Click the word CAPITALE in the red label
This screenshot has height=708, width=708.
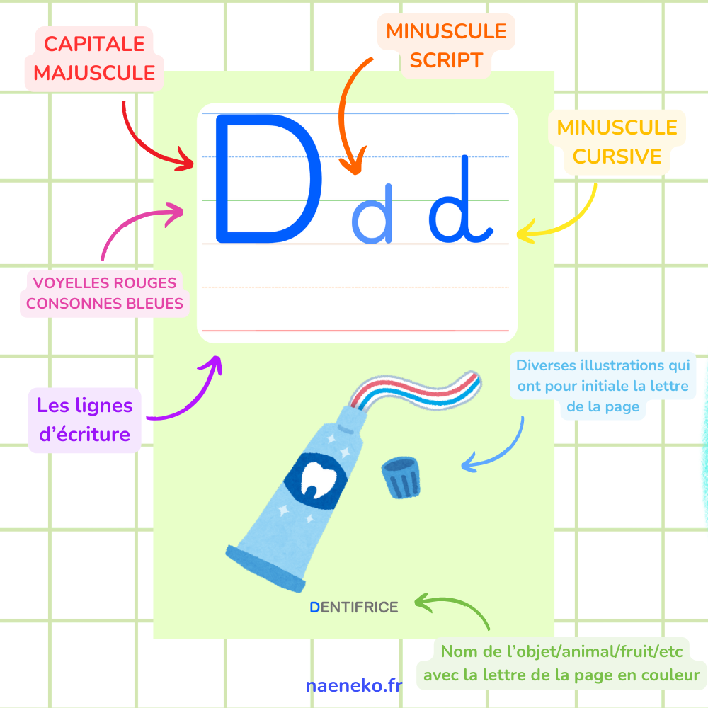(x=94, y=44)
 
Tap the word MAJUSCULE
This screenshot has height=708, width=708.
(x=94, y=73)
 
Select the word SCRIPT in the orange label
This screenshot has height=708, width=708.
(x=446, y=60)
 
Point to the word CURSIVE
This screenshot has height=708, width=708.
(x=617, y=156)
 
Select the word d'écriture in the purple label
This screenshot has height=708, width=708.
(x=84, y=434)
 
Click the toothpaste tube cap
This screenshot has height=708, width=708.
(x=401, y=477)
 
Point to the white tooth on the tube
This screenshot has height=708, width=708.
(x=319, y=479)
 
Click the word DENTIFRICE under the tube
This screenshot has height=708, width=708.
(x=354, y=607)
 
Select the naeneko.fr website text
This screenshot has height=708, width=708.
(x=354, y=685)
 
